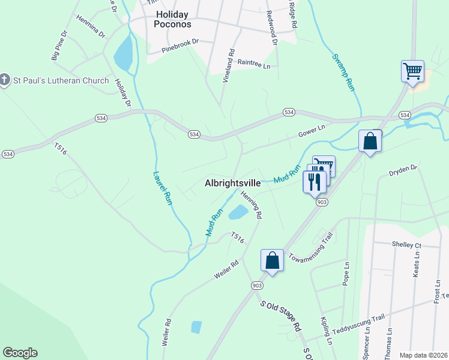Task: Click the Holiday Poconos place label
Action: (x=173, y=19)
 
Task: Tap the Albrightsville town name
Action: (x=232, y=184)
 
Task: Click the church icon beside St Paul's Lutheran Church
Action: (x=5, y=80)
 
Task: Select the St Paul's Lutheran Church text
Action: (x=62, y=80)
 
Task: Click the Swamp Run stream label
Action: (x=343, y=71)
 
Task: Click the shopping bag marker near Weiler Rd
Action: (x=272, y=260)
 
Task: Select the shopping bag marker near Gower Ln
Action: (x=370, y=142)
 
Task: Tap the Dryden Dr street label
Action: (x=403, y=169)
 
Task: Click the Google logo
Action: (x=20, y=353)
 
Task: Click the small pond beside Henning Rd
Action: (x=238, y=212)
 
